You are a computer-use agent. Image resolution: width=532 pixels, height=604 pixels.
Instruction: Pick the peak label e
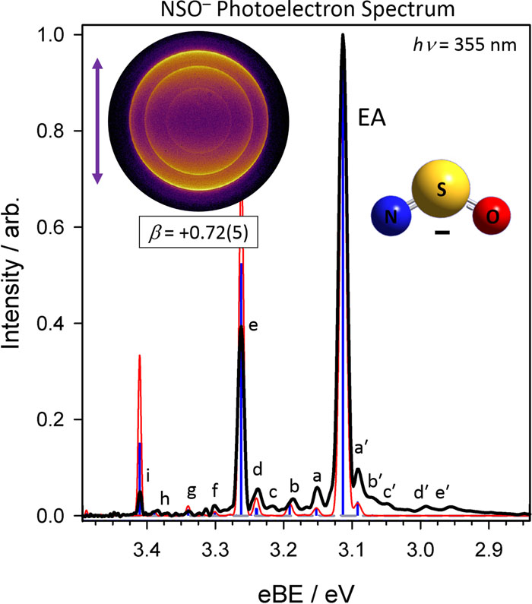pos(253,326)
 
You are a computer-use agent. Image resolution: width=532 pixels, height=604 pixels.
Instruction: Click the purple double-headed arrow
pos(97,122)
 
